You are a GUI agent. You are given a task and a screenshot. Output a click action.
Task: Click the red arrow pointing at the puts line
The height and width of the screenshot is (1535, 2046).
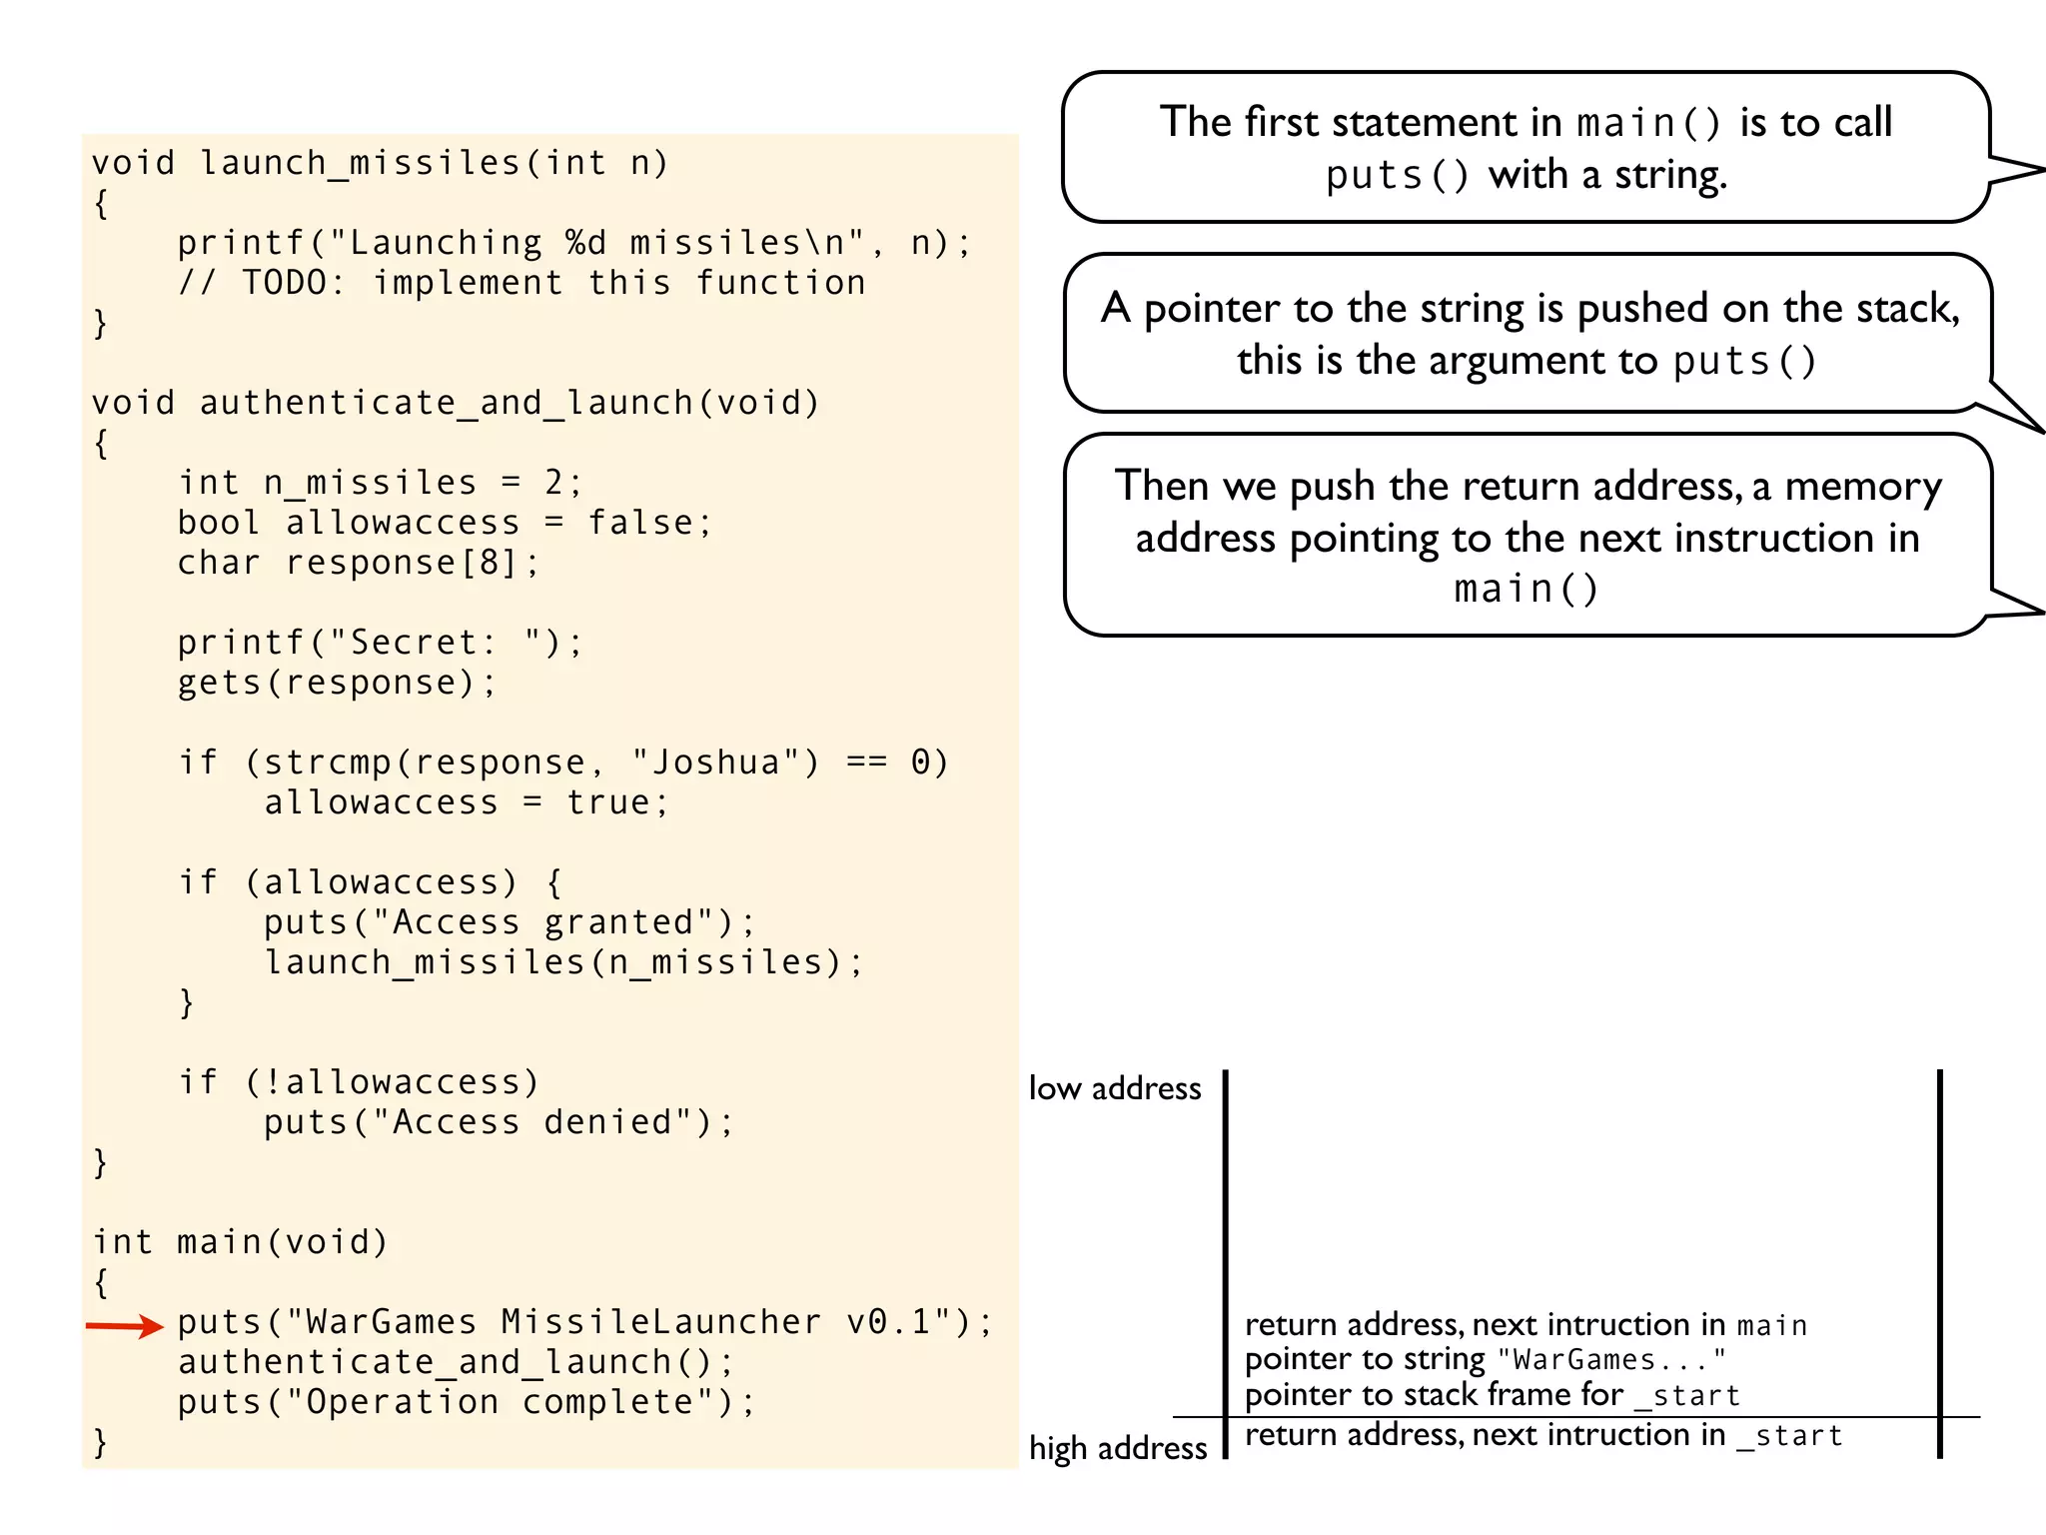124,1326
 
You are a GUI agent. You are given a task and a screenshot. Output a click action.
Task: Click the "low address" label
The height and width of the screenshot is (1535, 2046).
1115,1088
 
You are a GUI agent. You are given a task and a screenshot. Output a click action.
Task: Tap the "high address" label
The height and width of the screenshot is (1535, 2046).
1118,1448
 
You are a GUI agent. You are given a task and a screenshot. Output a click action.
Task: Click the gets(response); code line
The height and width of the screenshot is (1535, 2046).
337,683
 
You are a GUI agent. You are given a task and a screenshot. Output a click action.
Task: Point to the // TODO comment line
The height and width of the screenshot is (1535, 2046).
521,283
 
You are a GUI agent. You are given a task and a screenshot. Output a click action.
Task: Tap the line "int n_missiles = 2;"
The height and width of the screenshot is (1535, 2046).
380,483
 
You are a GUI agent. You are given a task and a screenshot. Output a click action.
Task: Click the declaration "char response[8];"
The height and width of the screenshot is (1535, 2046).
359,563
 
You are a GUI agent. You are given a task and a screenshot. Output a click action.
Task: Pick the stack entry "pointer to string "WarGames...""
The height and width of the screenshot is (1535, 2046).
1485,1360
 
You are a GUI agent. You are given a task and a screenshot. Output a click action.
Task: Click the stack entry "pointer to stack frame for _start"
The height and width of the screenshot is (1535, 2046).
1493,1395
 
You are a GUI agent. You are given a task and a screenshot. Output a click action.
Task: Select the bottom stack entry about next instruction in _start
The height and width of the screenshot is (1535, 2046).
1543,1436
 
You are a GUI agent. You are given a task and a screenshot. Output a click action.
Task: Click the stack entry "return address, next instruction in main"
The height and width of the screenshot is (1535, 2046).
1526,1325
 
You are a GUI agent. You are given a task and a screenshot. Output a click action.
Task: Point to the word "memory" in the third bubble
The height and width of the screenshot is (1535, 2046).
1863,487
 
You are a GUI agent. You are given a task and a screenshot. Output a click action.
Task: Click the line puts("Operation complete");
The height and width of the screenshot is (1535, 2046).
467,1402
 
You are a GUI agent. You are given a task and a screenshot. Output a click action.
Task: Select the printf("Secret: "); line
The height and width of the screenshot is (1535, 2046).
380,643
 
